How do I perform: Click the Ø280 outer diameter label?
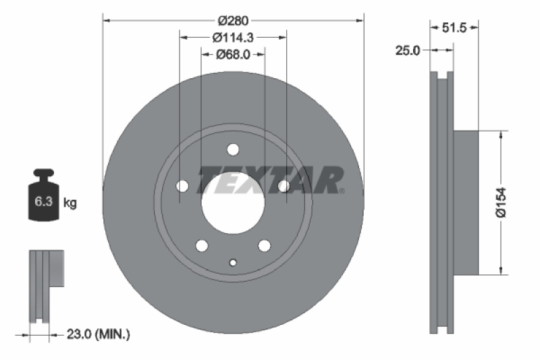point(233,19)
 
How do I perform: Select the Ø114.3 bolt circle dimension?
point(233,37)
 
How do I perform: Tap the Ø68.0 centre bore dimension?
point(233,55)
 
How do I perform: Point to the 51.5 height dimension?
point(454,28)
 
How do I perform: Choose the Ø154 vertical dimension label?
point(501,203)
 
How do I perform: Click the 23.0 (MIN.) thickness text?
point(99,333)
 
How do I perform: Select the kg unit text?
point(70,202)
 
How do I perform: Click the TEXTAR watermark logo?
point(270,180)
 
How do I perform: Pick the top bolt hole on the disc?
point(233,149)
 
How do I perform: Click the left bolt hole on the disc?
point(182,186)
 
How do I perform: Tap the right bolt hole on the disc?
point(284,186)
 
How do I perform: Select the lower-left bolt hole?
point(201,245)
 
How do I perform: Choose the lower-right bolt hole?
point(265,245)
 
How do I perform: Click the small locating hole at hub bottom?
point(233,263)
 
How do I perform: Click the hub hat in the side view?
point(465,203)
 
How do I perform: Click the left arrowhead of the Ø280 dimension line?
point(106,19)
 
